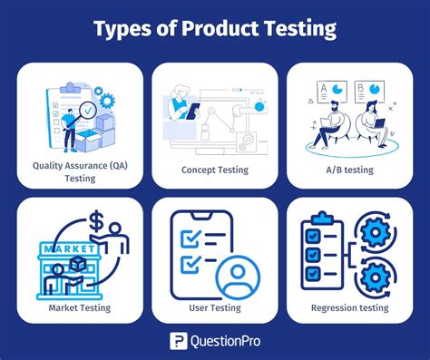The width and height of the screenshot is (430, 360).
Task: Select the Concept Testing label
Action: [213, 170]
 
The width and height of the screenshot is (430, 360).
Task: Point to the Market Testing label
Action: [80, 307]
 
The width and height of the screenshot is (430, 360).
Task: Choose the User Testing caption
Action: [213, 307]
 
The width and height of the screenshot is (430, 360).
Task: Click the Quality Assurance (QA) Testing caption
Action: [80, 171]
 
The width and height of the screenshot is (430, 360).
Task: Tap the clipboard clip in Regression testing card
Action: [325, 219]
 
